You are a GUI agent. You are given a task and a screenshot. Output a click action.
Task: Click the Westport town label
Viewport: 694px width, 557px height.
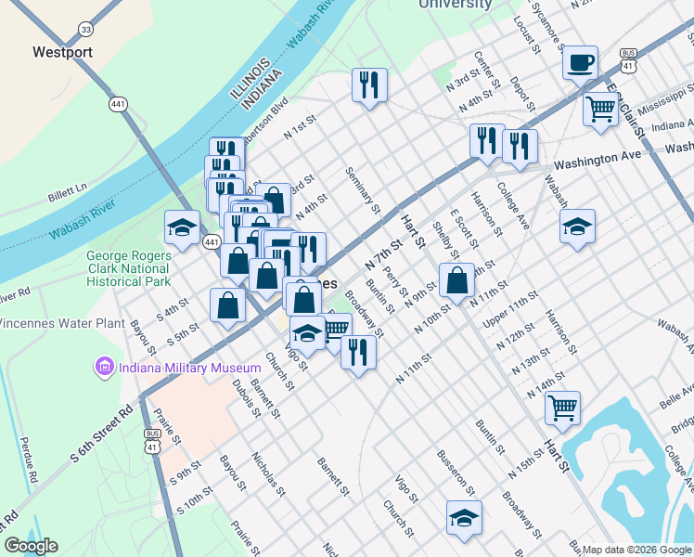(x=62, y=52)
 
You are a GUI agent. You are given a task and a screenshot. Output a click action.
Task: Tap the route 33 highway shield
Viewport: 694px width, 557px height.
(x=85, y=30)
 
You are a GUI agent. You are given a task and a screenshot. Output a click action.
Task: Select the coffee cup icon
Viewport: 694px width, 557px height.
(x=580, y=63)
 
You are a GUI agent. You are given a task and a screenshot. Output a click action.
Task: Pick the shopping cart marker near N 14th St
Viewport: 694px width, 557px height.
(x=562, y=406)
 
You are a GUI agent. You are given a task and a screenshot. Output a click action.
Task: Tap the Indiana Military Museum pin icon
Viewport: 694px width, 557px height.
(x=103, y=368)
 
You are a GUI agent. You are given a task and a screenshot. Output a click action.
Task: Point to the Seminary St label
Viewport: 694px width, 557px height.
(x=363, y=188)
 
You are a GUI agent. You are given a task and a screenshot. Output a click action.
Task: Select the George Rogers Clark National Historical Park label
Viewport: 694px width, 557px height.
(x=128, y=267)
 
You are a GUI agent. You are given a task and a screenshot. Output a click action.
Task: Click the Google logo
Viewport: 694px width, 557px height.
(x=31, y=546)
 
